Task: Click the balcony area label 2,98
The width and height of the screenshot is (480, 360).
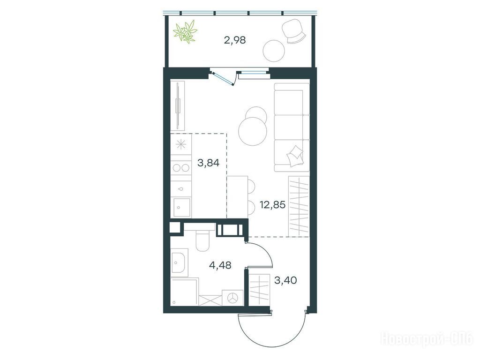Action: coord(235,40)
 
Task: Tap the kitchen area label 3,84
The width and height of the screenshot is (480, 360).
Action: coord(209,163)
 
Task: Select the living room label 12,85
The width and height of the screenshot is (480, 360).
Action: coord(272,204)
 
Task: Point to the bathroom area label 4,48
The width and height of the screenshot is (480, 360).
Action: coord(220,265)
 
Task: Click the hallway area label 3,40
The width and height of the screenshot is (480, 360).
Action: coord(285,280)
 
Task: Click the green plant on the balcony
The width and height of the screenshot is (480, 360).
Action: coord(185,31)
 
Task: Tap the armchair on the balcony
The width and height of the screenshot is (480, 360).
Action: coord(293,31)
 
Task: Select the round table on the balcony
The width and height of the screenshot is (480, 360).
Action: coord(274,51)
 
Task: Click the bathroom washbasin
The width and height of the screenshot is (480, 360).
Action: coord(179,262)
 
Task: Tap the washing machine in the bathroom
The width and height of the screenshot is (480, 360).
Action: coord(233,298)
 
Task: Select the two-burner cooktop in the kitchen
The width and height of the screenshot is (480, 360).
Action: coord(181,168)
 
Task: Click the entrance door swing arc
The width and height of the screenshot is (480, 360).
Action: coord(272,337)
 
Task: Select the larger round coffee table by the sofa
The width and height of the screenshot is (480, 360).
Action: coord(253,131)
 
